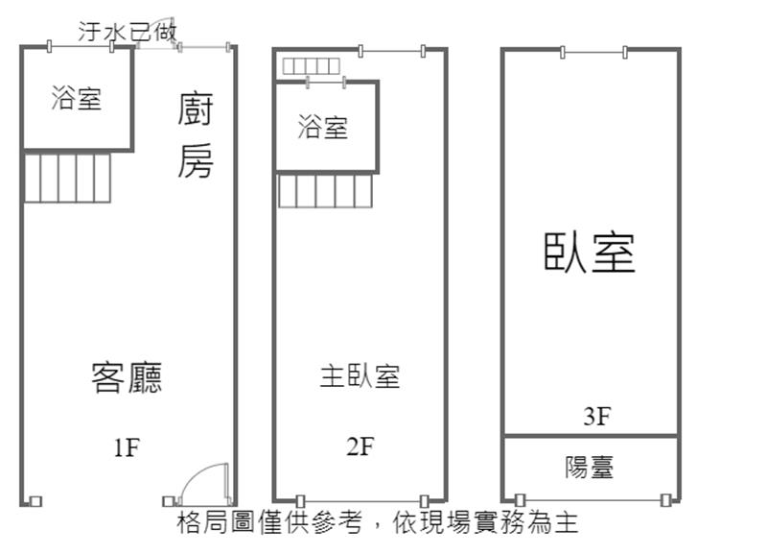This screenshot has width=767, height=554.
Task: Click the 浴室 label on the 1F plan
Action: coord(77,97)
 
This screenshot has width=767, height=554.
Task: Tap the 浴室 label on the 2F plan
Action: coord(323,127)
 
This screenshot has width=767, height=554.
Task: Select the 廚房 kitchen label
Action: coord(195,135)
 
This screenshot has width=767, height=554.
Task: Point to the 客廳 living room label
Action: coord(127,377)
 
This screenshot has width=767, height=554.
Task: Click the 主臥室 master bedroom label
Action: coord(360,376)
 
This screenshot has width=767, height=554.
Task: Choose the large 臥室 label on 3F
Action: coord(590,253)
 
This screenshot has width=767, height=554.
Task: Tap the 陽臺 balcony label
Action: coord(590,468)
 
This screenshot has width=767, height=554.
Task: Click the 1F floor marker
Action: coord(127,446)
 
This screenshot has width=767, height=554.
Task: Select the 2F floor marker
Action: coord(360,446)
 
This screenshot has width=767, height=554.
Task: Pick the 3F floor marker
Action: coord(596,416)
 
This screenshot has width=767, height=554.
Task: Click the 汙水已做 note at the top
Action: coord(127,32)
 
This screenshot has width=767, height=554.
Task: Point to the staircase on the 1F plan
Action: coord(67,178)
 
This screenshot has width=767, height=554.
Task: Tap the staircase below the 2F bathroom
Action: coord(325,190)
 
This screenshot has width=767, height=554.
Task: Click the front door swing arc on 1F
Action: coord(204,483)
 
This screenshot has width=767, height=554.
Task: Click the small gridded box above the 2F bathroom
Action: coord(312,65)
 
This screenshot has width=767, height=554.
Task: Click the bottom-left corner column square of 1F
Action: coord(35,500)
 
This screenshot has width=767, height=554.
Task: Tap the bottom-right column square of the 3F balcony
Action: coord(665,499)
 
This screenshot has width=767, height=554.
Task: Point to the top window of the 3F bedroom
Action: coord(593,51)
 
